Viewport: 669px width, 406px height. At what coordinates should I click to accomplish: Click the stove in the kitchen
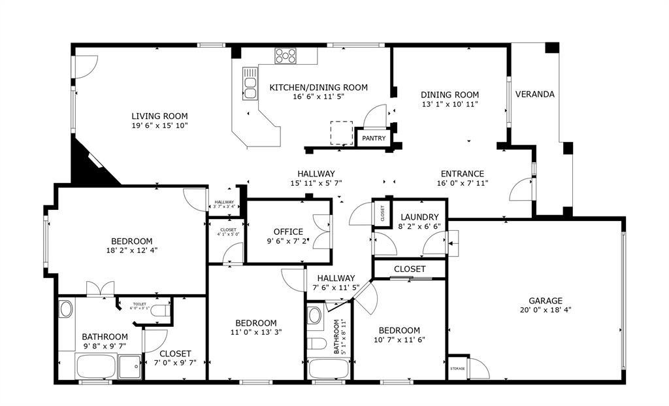coord(286,56)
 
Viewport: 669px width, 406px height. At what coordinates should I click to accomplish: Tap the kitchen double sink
coord(250,83)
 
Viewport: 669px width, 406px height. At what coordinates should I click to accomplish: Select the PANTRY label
coord(374,139)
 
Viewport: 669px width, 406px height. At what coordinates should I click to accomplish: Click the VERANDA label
coord(534,94)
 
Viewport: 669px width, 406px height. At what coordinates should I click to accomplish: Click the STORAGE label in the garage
coord(457,369)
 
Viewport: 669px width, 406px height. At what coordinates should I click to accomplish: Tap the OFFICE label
coord(288,231)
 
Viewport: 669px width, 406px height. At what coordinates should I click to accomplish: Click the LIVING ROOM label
coord(159,116)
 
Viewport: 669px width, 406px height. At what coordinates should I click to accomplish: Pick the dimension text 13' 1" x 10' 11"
coord(449,104)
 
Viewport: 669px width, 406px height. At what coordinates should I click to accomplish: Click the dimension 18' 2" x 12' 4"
coord(131,250)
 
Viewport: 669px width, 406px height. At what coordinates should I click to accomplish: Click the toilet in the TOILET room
coord(160,312)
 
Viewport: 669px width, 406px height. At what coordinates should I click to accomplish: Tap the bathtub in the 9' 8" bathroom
coord(95,366)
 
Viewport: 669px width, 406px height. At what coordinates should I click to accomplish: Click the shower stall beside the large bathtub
coord(130,367)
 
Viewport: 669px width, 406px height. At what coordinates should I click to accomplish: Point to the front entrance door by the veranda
coord(523,190)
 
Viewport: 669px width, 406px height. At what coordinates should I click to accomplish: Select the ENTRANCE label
coord(462,174)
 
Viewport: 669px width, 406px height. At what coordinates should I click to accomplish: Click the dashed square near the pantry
coord(341,133)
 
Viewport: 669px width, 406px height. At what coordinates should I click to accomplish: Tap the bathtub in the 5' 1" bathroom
coord(328,368)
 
